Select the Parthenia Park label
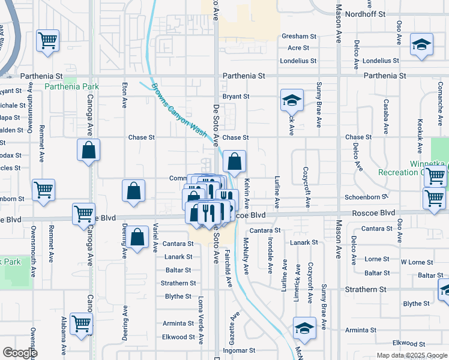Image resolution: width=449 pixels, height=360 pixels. [71, 86]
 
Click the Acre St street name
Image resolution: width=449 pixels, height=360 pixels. [298, 48]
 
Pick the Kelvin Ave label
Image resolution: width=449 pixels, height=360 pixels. [247, 193]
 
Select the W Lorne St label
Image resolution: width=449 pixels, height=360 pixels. [417, 262]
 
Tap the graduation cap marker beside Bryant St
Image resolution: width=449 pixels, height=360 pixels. [292, 100]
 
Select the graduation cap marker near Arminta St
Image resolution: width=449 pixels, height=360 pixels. [304, 328]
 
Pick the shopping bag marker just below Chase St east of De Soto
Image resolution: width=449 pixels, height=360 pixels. [235, 161]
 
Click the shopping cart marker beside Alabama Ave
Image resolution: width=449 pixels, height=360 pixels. [81, 323]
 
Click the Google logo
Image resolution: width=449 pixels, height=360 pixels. [20, 353]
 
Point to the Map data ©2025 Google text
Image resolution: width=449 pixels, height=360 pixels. [411, 355]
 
